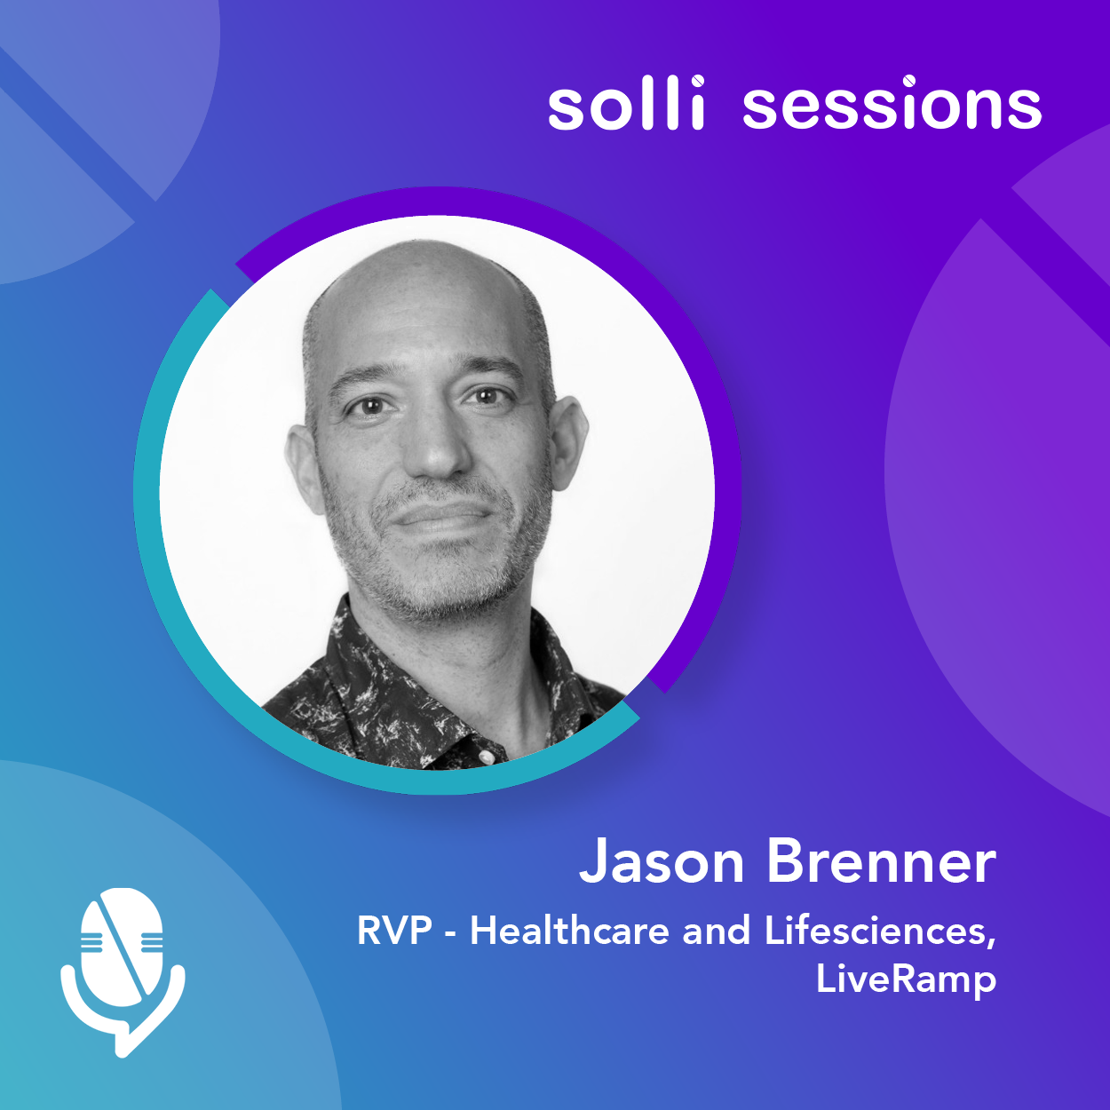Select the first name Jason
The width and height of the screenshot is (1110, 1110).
tap(662, 862)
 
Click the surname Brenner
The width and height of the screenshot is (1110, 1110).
tap(882, 860)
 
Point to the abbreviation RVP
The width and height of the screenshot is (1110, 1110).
tap(394, 931)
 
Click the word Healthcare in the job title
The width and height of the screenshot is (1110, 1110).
tap(570, 931)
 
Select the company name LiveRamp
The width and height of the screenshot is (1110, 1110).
tap(906, 979)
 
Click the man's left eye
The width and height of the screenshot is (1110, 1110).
tap(487, 396)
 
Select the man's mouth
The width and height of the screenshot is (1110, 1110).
tap(440, 514)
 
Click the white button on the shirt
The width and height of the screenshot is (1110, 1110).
tap(486, 757)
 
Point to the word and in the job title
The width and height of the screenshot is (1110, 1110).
tap(717, 931)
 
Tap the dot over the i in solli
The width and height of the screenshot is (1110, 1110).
tap(697, 81)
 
